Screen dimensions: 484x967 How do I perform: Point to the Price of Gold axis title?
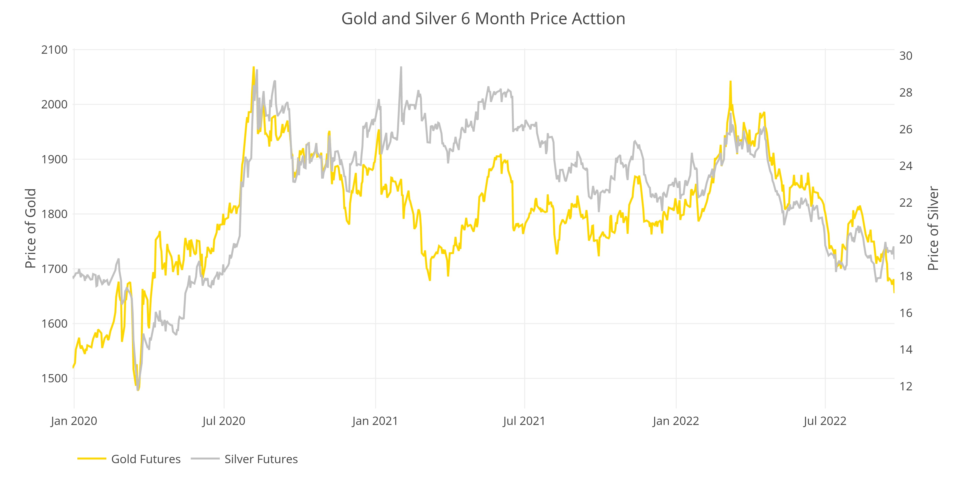click(30, 228)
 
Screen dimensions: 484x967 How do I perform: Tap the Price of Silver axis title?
click(933, 228)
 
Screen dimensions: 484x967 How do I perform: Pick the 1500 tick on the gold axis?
click(54, 378)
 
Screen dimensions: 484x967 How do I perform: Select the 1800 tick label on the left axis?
click(54, 214)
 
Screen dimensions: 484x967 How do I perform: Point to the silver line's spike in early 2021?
click(401, 68)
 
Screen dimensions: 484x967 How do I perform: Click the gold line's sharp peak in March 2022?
click(731, 82)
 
